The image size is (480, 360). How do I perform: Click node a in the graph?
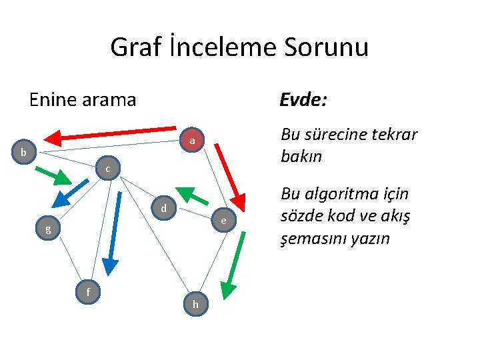[x=191, y=141]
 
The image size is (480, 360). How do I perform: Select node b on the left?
[x=23, y=152]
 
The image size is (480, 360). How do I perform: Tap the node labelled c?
[x=107, y=169]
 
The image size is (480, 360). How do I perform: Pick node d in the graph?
[x=163, y=209]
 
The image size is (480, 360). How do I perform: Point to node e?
[x=223, y=221]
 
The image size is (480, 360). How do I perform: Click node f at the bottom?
[x=88, y=291]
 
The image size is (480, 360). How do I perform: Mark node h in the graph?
[x=195, y=304]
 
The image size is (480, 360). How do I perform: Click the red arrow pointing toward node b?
[x=114, y=133]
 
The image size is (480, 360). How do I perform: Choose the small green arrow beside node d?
[x=193, y=195]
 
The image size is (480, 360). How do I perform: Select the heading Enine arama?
[x=83, y=100]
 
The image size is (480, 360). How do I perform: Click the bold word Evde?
[x=303, y=100]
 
